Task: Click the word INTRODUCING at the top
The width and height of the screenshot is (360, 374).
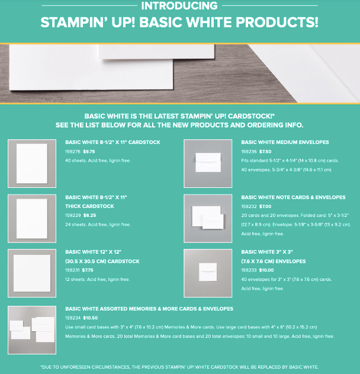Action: coord(179,6)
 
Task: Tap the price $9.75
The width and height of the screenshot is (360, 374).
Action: coord(89,152)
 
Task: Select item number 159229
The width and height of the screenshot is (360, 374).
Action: coord(73,215)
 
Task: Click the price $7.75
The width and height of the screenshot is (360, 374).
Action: coord(88,270)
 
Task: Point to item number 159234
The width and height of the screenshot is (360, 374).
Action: coord(73,318)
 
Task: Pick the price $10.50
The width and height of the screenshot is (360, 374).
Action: coord(91,318)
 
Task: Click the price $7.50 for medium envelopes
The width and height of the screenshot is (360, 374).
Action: coord(265,152)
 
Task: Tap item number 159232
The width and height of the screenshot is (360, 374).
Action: coord(249,206)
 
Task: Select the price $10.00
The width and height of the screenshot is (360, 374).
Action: coord(266,270)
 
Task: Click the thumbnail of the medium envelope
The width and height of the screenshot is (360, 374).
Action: coord(208,164)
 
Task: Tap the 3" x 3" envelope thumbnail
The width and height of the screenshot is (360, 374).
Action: coord(208,273)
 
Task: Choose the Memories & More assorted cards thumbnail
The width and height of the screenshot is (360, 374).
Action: coord(32,330)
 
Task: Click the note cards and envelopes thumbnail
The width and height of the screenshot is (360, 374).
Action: coord(208,219)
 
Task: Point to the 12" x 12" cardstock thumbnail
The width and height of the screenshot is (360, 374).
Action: coord(32,273)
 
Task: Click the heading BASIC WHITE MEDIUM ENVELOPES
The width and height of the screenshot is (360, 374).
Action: coord(285,142)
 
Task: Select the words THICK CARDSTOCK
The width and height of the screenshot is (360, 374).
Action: coord(89,206)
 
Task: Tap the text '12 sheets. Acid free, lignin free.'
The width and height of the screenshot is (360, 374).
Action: coord(98,280)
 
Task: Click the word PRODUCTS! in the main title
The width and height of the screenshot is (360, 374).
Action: coord(277,23)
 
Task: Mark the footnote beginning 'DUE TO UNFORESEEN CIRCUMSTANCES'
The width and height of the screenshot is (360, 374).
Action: coord(179,367)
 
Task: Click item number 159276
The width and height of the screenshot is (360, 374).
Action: coord(73,152)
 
